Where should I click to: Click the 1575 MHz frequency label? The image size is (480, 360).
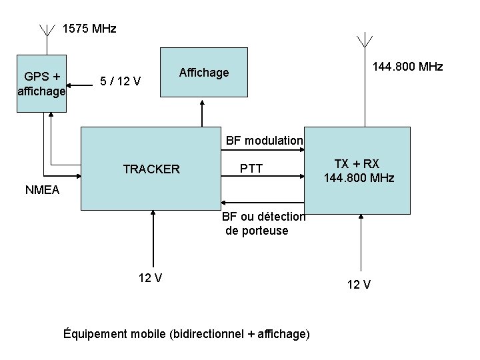tap(89, 29)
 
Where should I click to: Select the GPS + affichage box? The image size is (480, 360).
tap(41, 83)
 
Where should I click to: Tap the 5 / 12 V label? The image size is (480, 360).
tap(119, 82)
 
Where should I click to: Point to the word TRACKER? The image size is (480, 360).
tap(151, 169)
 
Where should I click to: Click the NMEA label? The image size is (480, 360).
tap(42, 190)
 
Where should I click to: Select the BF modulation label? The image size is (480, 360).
tap(264, 141)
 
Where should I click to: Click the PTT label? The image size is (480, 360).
tap(251, 169)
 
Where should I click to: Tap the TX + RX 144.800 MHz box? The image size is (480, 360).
tap(358, 171)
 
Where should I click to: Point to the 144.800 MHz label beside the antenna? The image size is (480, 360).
tap(407, 67)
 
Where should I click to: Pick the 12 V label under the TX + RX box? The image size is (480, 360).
tap(359, 285)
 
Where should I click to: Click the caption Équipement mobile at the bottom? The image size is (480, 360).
tap(185, 333)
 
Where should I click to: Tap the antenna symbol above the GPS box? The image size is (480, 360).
tap(47, 33)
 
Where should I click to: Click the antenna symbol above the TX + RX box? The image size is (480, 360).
tap(363, 41)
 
